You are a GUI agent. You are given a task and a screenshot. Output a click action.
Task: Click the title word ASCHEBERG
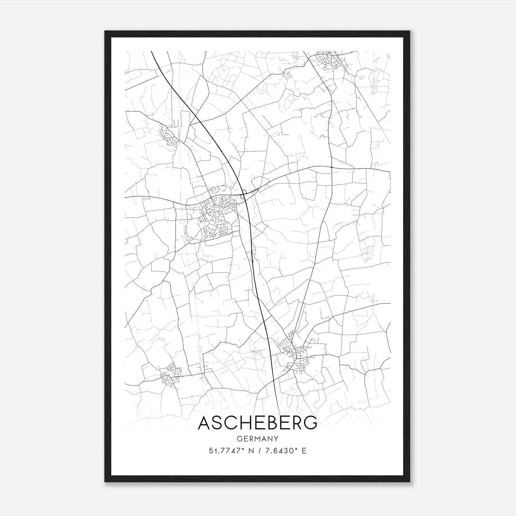[257, 423]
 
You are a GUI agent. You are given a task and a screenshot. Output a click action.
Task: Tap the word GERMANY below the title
[257, 439]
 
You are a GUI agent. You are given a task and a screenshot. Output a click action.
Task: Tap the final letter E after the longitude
[304, 451]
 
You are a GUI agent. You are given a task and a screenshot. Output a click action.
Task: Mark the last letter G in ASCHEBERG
[310, 423]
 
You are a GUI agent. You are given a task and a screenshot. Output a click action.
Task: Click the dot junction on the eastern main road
[332, 167]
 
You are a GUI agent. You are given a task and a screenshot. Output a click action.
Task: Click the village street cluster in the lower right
[295, 353]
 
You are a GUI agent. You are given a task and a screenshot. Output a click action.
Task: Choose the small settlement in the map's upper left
[168, 135]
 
